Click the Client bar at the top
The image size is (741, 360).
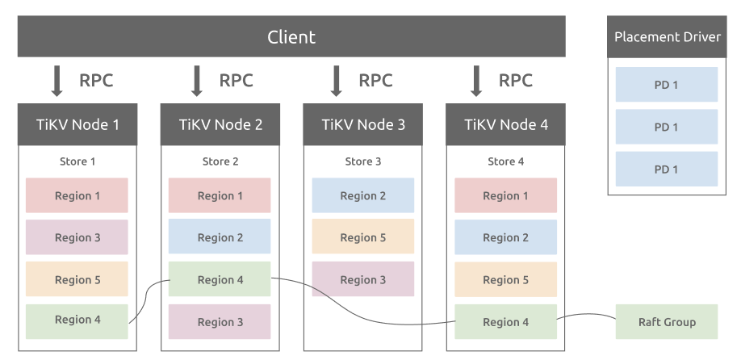[x=291, y=36]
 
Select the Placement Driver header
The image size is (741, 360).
[x=667, y=37]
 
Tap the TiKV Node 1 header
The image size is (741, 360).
[x=77, y=124]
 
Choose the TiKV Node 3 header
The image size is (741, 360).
[x=363, y=124]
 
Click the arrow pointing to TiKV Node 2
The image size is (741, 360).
[x=197, y=81]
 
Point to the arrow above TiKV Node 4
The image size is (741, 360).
[x=476, y=81]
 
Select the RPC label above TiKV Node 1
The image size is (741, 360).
[x=96, y=81]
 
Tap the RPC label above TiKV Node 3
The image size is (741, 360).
[x=375, y=81]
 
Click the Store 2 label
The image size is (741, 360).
[x=220, y=161]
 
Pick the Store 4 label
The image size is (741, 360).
[x=505, y=161]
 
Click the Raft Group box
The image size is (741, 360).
[x=666, y=322]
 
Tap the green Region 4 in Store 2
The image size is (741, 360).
[x=220, y=278]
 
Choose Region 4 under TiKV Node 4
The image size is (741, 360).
[x=505, y=322]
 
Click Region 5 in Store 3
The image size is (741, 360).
[x=363, y=237]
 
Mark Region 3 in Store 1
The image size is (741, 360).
[x=77, y=237]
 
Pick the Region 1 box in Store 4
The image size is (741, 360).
[x=505, y=195]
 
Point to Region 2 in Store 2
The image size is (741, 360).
[x=220, y=237]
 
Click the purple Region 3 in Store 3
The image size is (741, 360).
[x=363, y=278]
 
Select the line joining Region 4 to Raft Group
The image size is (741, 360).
[x=587, y=314]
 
